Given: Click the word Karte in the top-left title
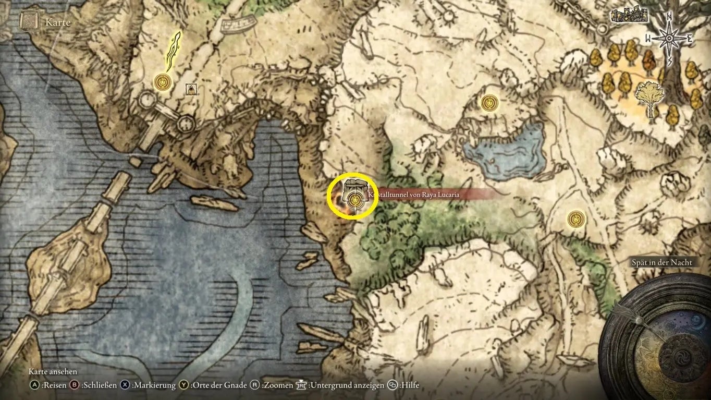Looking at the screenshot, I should tap(57, 23).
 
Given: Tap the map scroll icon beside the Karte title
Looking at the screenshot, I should tap(28, 21).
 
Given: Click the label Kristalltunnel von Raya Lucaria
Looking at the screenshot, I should tap(417, 195).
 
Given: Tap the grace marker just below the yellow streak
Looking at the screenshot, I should tap(163, 82).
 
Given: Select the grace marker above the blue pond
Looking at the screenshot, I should tap(489, 102).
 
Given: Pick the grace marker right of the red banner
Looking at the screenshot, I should tap(576, 219).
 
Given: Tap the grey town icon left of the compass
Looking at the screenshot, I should tap(629, 15).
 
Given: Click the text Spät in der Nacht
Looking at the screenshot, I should tap(662, 262).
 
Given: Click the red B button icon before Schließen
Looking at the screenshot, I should tap(74, 385).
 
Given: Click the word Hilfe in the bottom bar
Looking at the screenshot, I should tap(410, 385).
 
